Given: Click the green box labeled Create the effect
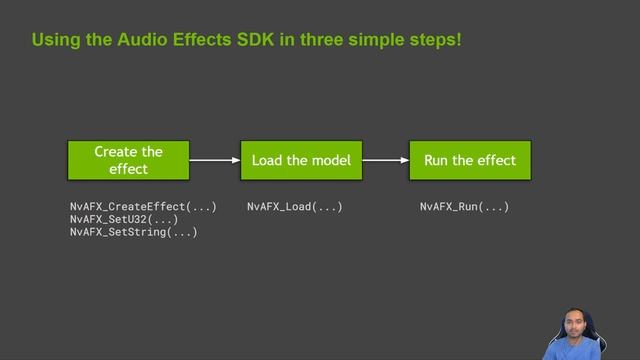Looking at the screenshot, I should [128, 160].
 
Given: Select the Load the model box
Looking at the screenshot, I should [301, 160].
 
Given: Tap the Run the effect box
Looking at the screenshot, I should [470, 160].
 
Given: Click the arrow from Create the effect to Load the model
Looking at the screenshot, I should [214, 160].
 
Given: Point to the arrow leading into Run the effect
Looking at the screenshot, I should [385, 160].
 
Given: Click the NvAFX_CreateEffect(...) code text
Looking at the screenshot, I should [143, 207].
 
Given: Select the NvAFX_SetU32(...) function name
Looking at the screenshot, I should [124, 219].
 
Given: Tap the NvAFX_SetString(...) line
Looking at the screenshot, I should [133, 232].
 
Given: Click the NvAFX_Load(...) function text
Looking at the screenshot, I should [295, 207].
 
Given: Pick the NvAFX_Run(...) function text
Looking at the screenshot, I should [464, 207].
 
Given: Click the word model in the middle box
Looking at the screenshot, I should [330, 160].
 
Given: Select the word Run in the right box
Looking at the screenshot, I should [437, 160].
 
